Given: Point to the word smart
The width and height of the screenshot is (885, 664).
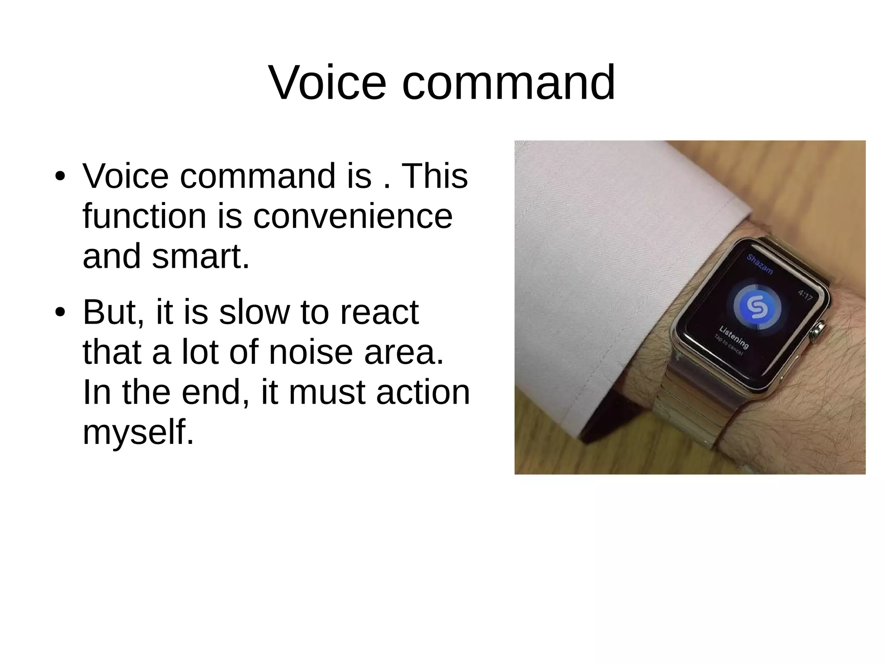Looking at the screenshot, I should (201, 256).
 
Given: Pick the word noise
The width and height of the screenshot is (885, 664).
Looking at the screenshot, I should (311, 352).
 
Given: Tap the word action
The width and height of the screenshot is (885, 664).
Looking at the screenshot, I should (423, 392).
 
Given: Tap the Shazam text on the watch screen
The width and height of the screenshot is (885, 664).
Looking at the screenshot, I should (760, 264).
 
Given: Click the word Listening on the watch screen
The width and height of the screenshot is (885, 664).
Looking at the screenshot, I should (734, 337).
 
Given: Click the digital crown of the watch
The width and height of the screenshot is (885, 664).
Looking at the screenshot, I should (816, 332).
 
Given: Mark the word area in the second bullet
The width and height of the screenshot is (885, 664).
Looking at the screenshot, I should (404, 352).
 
